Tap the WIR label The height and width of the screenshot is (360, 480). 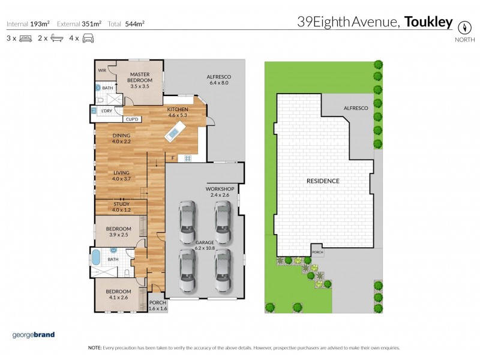tap(102, 70)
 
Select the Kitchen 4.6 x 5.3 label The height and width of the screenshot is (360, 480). tap(178, 112)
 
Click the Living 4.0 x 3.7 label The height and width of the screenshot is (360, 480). tap(121, 176)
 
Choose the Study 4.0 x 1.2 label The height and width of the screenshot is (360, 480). tap(121, 207)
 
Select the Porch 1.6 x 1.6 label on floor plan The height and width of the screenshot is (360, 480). tap(158, 305)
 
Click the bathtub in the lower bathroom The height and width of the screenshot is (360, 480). tap(96, 259)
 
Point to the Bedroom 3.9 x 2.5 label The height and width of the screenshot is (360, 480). tap(119, 232)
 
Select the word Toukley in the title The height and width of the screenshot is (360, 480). tap(428, 23)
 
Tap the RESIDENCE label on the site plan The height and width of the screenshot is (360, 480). tap(323, 181)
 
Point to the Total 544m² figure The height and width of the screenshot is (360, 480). tap(126, 24)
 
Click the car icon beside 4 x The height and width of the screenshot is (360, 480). tap(89, 38)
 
